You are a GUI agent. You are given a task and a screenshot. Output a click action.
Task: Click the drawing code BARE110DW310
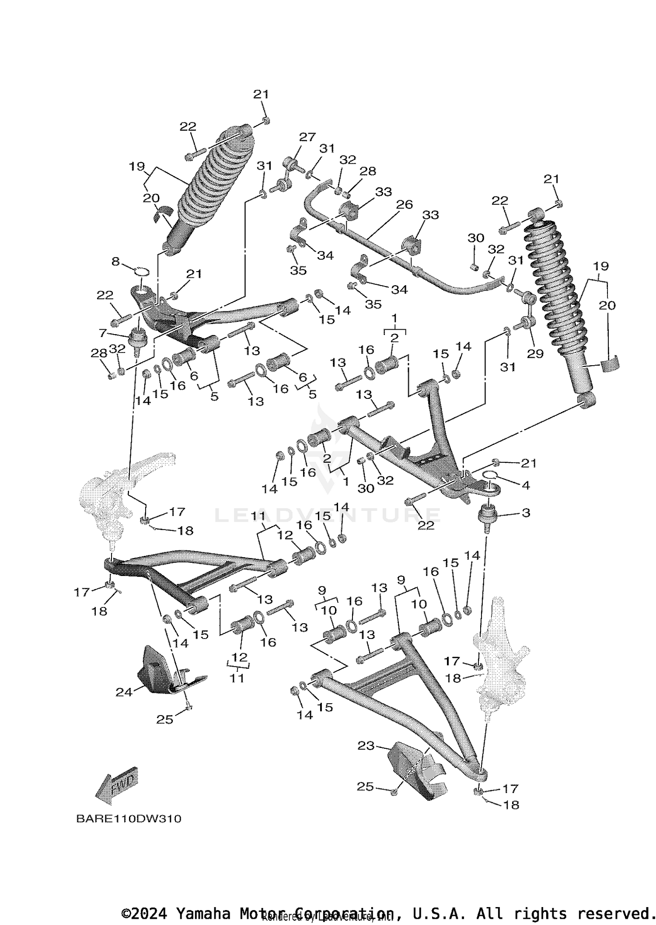point(129,819)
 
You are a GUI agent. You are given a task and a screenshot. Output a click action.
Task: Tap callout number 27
point(307,137)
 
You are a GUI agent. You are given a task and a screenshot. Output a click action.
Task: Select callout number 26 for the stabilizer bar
point(405,204)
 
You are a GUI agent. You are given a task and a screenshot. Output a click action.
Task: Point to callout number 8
point(115,262)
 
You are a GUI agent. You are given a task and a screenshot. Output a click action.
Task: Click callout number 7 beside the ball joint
point(103,333)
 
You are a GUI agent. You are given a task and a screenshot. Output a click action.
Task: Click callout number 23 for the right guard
point(366,745)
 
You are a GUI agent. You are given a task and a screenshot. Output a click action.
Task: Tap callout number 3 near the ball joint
point(526,512)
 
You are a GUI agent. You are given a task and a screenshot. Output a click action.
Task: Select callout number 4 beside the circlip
point(526,485)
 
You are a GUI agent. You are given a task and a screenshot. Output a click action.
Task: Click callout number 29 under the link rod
point(535,353)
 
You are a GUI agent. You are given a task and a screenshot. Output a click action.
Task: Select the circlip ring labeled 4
point(489,475)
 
